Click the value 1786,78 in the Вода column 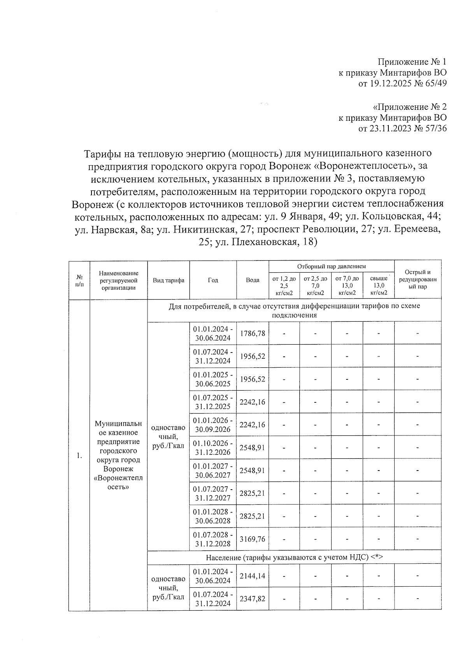tap(253, 333)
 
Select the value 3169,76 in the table tap(253, 539)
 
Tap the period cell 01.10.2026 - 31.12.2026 tap(213, 448)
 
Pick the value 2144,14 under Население tap(253, 575)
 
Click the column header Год tap(213, 280)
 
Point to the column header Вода tap(253, 280)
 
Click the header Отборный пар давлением tap(331, 266)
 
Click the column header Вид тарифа tap(169, 280)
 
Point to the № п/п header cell tap(79, 280)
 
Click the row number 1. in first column tap(79, 455)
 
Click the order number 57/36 tap(436, 128)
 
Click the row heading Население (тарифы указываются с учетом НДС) tap(294, 557)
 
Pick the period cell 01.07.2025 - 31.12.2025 tap(213, 402)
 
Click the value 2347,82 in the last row tap(253, 598)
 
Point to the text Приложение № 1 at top tap(412, 62)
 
